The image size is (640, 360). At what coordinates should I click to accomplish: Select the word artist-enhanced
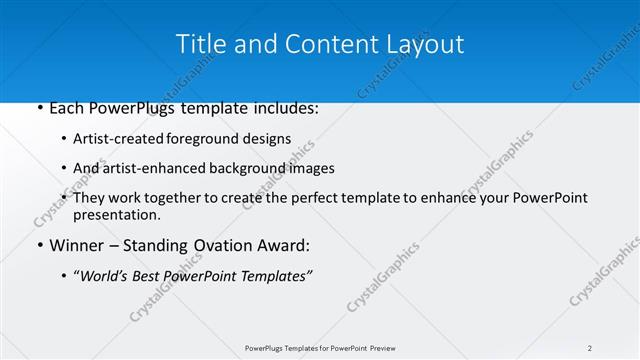pyautogui.click(x=150, y=168)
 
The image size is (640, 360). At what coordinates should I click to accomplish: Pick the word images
pyautogui.click(x=311, y=168)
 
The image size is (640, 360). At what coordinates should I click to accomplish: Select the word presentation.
pyautogui.click(x=116, y=214)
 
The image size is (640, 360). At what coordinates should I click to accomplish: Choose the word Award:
pyautogui.click(x=288, y=246)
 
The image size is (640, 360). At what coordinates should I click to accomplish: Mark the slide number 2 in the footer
pyautogui.click(x=590, y=348)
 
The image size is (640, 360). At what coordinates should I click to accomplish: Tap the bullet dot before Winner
pyautogui.click(x=39, y=246)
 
